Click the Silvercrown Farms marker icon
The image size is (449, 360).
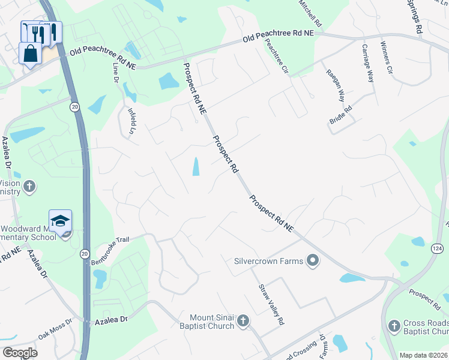[312, 260]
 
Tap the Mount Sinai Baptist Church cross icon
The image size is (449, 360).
[243, 321]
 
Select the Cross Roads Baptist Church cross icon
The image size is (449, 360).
[394, 326]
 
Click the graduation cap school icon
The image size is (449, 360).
[60, 221]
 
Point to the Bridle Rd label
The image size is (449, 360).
[340, 115]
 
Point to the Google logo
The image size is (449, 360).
[20, 353]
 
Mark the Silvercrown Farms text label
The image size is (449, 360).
[270, 260]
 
